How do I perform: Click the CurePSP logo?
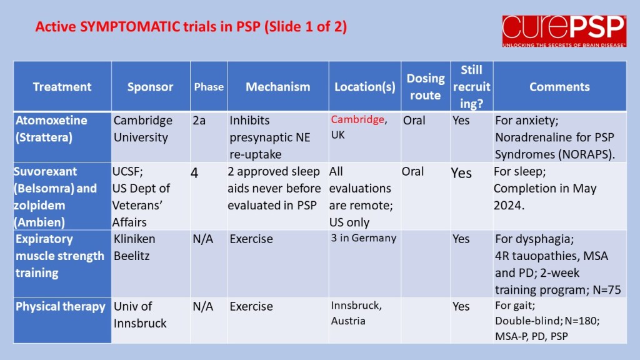tap(564, 31)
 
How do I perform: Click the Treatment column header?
tap(62, 87)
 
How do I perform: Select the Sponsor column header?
tap(150, 87)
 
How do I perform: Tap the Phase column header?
tap(209, 87)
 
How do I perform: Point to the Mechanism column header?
tap(277, 87)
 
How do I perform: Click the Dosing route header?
tap(425, 86)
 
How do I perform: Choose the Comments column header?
tap(559, 87)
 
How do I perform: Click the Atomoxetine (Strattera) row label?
tap(51, 129)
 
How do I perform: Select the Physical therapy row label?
tap(61, 306)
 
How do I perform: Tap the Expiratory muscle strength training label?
tap(60, 256)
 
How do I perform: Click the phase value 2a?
tap(199, 121)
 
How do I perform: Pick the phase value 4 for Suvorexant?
tap(194, 173)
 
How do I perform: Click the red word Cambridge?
tap(357, 119)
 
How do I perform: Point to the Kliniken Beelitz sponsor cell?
tap(134, 247)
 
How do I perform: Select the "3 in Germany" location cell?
tap(363, 238)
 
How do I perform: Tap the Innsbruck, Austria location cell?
tap(356, 313)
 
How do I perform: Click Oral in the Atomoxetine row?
tap(414, 121)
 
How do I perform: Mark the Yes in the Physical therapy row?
tap(461, 306)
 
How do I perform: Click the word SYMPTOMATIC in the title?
tap(130, 26)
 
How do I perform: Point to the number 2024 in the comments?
tap(509, 205)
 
